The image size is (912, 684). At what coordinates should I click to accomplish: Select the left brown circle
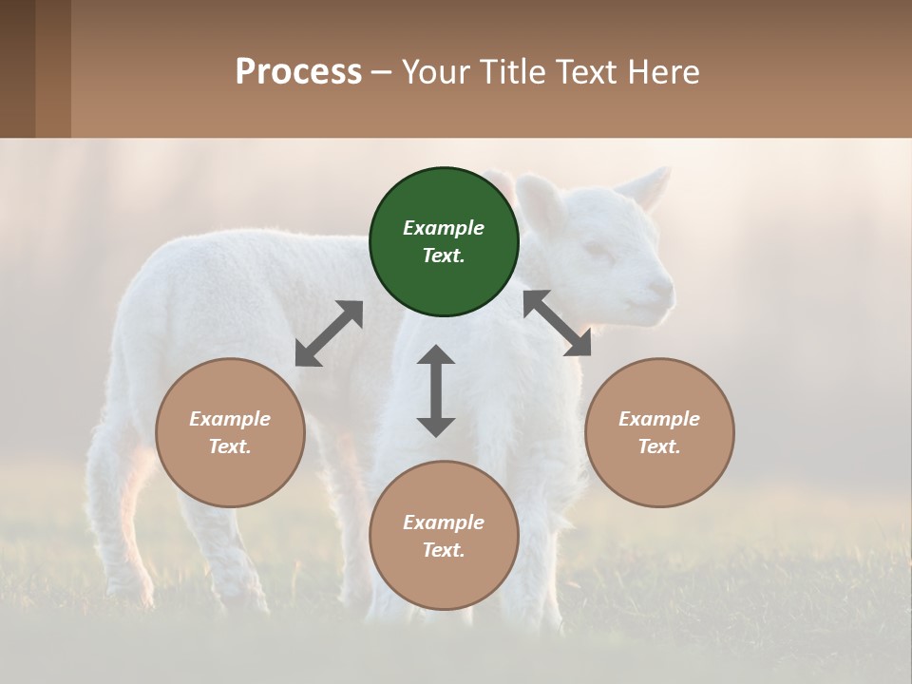(x=230, y=432)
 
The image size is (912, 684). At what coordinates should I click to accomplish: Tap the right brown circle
(x=659, y=432)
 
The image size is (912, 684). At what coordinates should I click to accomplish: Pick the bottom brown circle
(x=444, y=536)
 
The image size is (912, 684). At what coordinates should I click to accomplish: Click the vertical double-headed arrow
(x=436, y=390)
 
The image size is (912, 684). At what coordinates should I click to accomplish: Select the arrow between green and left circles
(x=329, y=333)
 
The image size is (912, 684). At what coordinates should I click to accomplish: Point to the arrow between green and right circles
(x=557, y=323)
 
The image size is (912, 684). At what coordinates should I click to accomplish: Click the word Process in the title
(x=298, y=71)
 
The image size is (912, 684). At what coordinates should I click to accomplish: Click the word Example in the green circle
(x=444, y=228)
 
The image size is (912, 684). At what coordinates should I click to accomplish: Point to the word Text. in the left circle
(x=230, y=446)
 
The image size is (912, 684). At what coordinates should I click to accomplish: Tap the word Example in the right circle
(x=659, y=419)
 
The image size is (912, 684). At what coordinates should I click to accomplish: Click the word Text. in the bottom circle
(x=444, y=550)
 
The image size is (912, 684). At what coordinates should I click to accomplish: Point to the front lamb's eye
(x=598, y=250)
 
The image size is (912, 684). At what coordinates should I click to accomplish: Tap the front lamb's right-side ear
(x=651, y=186)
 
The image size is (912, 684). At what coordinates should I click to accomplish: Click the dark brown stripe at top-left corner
(x=17, y=68)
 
